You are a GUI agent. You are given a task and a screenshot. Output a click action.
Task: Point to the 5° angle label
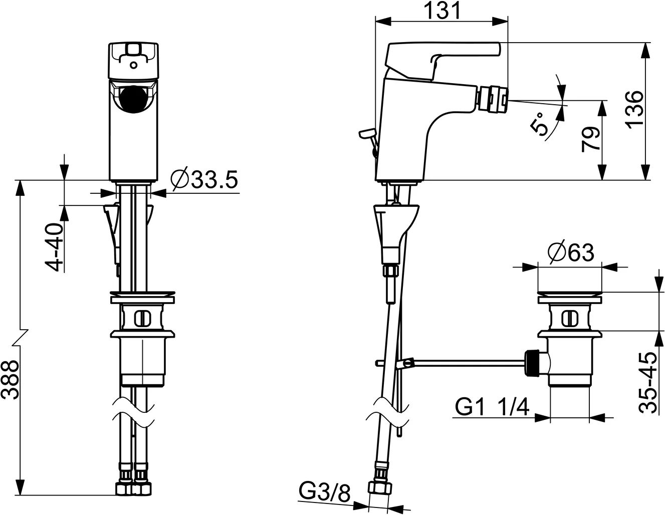tap(540, 124)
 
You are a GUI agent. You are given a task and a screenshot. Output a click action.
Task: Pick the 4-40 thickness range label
tap(56, 247)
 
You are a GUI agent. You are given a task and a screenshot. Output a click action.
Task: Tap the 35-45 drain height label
tap(648, 382)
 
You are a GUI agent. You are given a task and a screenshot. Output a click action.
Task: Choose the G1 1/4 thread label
tap(493, 407)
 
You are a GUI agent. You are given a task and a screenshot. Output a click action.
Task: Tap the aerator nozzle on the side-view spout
tap(492, 97)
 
